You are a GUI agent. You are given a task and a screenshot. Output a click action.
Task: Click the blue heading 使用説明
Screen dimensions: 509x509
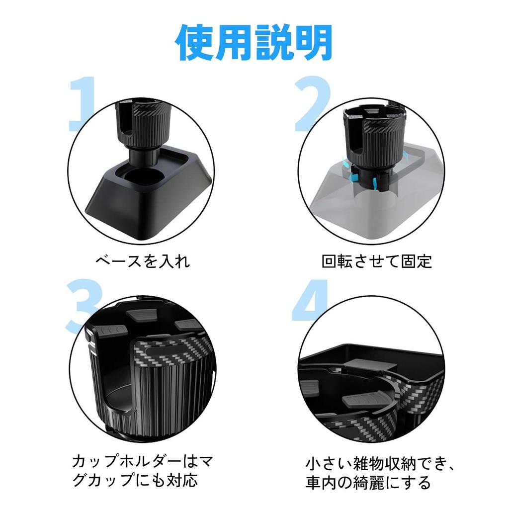[254, 43]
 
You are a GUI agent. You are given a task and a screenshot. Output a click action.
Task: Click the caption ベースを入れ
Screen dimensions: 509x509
[143, 261]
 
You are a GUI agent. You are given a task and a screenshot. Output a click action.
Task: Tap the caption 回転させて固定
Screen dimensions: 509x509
[377, 261]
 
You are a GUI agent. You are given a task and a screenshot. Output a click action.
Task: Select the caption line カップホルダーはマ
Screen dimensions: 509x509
[143, 461]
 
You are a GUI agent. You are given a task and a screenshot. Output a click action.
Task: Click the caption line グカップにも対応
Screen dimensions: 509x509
[135, 481]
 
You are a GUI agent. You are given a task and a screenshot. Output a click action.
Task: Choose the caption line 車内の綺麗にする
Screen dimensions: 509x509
[368, 483]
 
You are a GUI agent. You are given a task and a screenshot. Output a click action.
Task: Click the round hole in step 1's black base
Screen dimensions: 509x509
[143, 177]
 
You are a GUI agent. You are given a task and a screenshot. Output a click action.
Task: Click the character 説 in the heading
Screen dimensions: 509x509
[274, 43]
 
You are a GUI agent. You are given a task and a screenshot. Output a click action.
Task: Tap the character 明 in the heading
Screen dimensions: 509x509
[313, 43]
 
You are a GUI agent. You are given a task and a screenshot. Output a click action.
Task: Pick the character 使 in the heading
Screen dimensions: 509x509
[195, 43]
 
